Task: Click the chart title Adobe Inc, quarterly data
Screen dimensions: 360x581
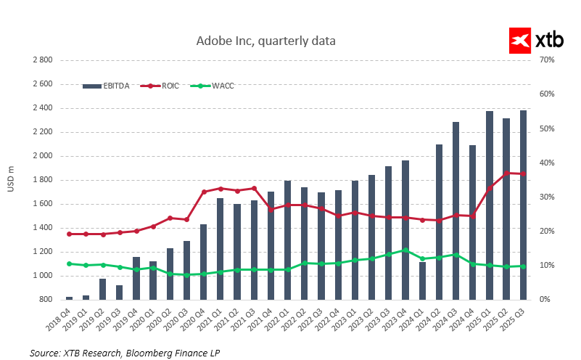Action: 266,41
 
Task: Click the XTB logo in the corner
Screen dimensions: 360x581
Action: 537,41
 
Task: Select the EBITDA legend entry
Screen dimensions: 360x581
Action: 107,86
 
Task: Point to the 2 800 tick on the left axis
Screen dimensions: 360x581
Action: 43,60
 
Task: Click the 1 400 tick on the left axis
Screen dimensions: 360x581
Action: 43,228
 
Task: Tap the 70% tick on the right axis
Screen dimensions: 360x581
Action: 545,60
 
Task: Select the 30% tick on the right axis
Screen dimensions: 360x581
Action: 545,197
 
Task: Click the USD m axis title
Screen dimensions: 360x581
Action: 11,180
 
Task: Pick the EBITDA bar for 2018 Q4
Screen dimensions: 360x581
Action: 69,298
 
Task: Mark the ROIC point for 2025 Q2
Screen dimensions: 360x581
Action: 506,173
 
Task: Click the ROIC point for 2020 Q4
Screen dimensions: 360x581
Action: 204,192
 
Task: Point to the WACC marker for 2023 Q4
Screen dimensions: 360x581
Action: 405,250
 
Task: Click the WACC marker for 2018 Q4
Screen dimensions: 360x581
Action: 69,263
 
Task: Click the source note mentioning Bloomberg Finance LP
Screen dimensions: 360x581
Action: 124,353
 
